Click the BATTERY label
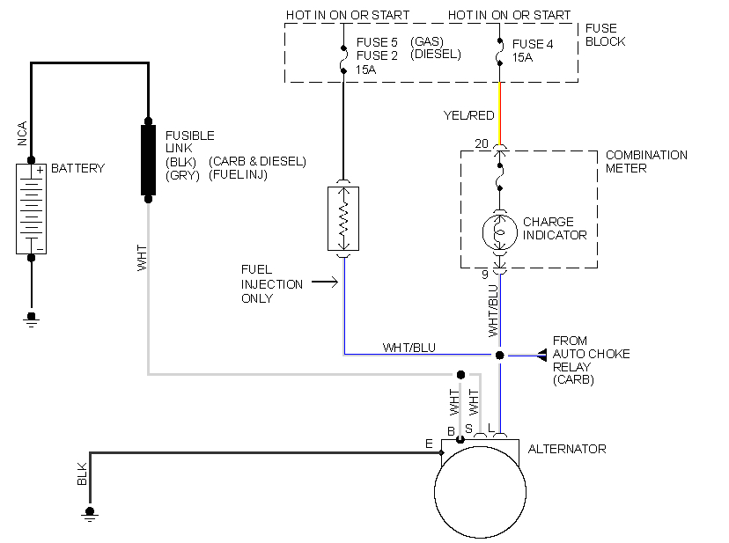pos(77,168)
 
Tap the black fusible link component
pos(148,159)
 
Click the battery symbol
pos(31,209)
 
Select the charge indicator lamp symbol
pos(499,231)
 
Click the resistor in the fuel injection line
pos(343,218)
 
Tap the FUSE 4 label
pos(533,44)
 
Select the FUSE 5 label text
pos(378,41)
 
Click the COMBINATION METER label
pos(646,162)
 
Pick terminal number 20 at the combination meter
pos(481,143)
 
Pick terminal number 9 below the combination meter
pos(484,275)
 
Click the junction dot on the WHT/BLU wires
pos(499,355)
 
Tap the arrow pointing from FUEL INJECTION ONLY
pos(324,283)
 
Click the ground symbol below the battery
pos(31,318)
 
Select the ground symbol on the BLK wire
pos(89,514)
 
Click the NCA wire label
pos(22,134)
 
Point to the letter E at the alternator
pos(429,444)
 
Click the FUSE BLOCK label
pos(605,35)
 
